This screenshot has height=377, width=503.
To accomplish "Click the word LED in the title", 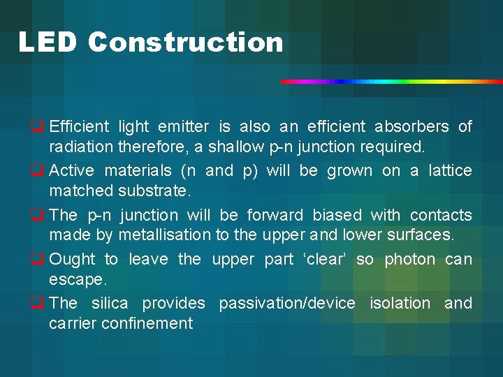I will point(48,43).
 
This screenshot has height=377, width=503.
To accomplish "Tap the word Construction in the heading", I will point(186,43).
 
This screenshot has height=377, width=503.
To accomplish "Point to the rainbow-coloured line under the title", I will point(391,82).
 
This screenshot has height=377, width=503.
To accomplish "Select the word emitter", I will point(184,127).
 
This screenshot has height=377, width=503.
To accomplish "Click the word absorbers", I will point(411,127).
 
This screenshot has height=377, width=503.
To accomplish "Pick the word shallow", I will point(237,147).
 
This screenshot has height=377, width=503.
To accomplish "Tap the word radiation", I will point(81,147).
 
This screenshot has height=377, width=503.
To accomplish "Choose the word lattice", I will point(449,171).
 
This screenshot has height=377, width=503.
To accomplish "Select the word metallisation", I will point(164,235).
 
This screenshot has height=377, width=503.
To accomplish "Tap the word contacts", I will point(441,215).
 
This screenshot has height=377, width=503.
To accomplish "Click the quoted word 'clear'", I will point(326,260).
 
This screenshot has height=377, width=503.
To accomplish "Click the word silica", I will point(110,304).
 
